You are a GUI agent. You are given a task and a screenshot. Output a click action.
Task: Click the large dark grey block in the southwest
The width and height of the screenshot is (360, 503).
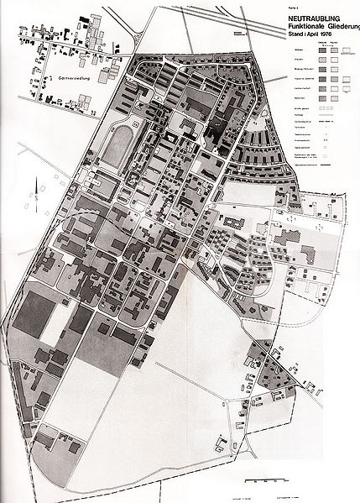click(34, 311)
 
